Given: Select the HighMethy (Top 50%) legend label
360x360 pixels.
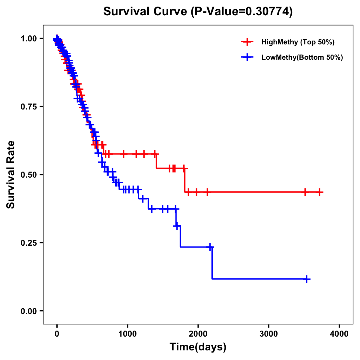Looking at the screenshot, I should [x=298, y=42].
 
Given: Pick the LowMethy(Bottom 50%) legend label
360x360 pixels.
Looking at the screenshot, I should [x=302, y=57].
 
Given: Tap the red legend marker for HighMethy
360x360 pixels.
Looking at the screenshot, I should [x=247, y=42].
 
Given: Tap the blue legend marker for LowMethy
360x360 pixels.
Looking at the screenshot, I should [x=247, y=57].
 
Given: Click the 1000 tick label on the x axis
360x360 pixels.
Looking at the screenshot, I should [x=127, y=334].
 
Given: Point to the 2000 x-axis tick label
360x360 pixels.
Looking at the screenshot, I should [x=198, y=334].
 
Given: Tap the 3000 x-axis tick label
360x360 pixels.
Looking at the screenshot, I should [x=268, y=334].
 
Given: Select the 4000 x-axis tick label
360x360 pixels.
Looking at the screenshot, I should [x=339, y=334].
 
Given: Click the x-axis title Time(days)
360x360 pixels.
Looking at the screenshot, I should [x=198, y=347].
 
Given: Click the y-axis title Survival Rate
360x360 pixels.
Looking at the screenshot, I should [x=11, y=175].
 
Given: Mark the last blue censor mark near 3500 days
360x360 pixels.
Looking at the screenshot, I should [x=307, y=279].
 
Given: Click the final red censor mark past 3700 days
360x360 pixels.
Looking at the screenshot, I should [x=319, y=192].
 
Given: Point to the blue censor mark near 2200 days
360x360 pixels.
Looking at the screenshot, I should [x=210, y=247].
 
